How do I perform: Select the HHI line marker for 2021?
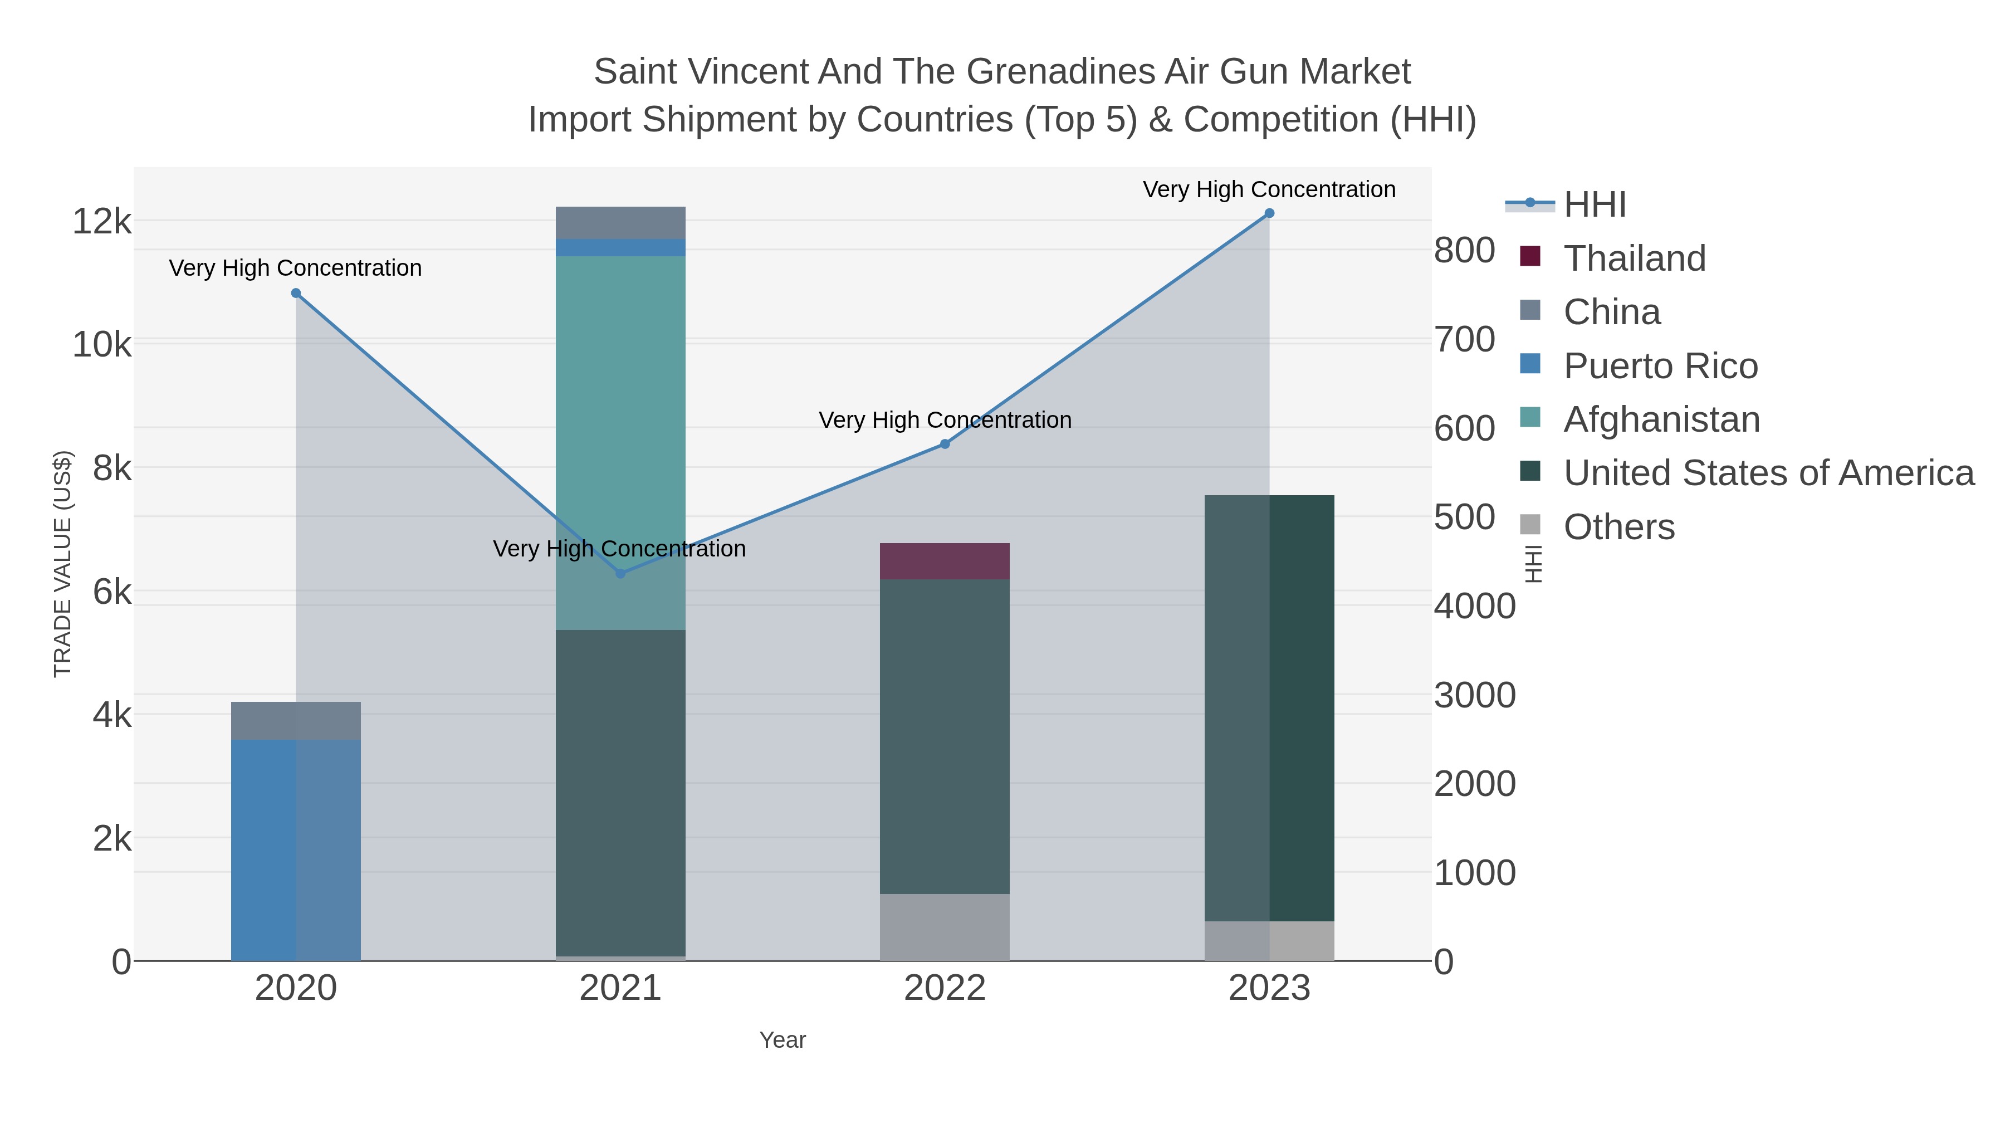[x=620, y=574]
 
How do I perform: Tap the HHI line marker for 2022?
[x=945, y=444]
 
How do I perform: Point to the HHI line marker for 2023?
[x=1269, y=213]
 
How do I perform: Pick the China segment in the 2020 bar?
[x=296, y=721]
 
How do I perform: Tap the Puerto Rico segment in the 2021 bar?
[x=620, y=247]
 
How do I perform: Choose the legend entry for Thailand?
[x=1635, y=258]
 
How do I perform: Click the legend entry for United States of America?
[x=1768, y=473]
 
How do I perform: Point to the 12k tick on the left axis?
[x=102, y=222]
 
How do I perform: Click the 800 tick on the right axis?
[x=1464, y=251]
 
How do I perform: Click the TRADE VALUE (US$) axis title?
[x=62, y=564]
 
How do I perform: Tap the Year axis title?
[x=783, y=1040]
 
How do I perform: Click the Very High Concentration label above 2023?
[x=1269, y=189]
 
